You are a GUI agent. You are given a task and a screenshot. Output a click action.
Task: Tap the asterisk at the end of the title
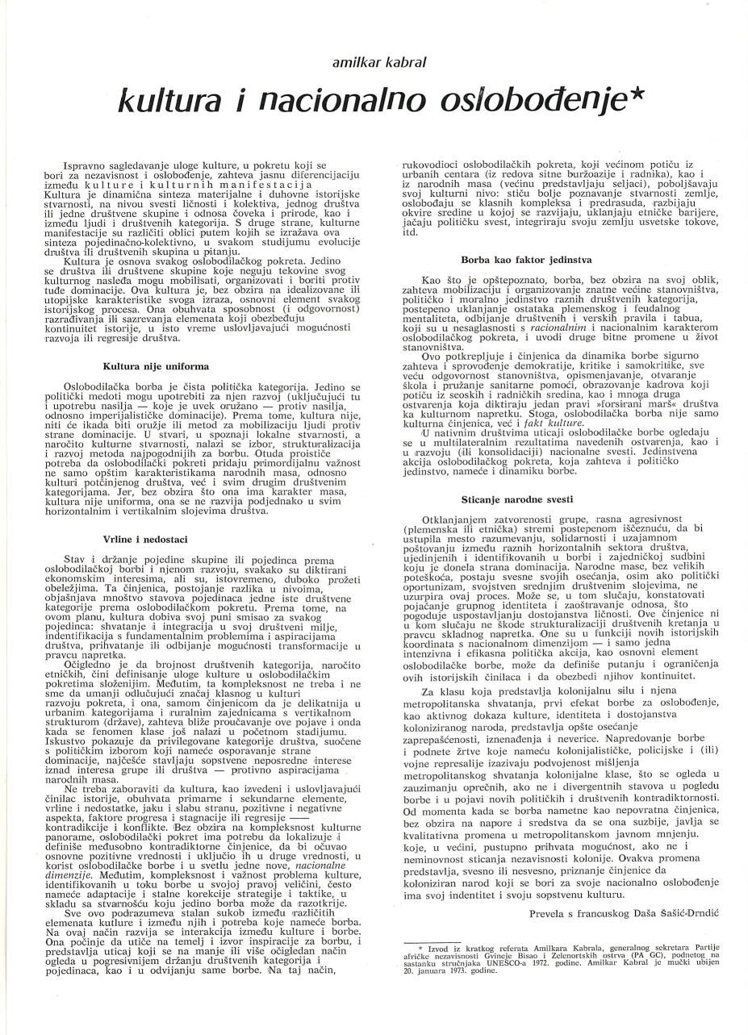click(x=635, y=94)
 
